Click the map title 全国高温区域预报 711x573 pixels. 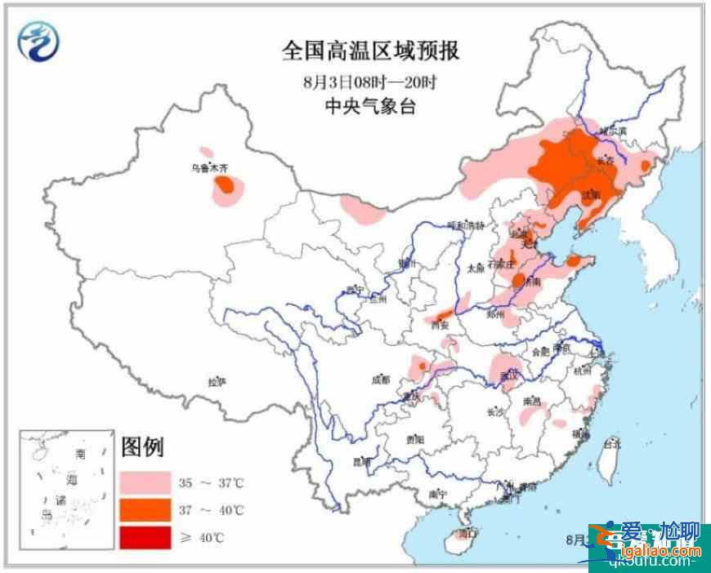pyautogui.click(x=370, y=52)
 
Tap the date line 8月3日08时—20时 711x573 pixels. pyautogui.click(x=370, y=82)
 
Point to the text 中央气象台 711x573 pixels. pyautogui.click(x=370, y=106)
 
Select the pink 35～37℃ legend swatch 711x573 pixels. pyautogui.click(x=145, y=482)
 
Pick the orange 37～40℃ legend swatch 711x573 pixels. pyautogui.click(x=145, y=510)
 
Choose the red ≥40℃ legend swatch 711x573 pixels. pyautogui.click(x=145, y=537)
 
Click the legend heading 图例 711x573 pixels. pyautogui.click(x=142, y=447)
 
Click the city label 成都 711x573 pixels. pyautogui.click(x=380, y=380)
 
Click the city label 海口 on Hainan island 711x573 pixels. pyautogui.click(x=467, y=535)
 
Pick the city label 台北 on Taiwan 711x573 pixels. pyautogui.click(x=611, y=443)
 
